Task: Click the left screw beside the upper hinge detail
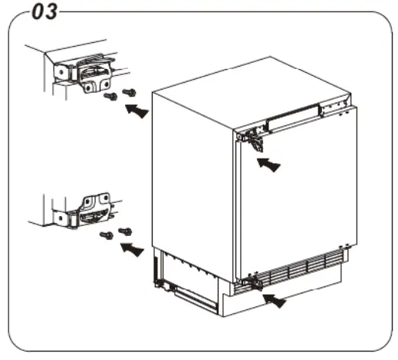pos(110,97)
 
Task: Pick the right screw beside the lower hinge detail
pos(126,230)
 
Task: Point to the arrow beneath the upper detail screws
pos(136,112)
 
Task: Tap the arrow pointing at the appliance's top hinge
pos(268,164)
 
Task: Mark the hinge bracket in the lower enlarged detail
pos(90,211)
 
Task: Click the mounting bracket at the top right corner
pos(333,107)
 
